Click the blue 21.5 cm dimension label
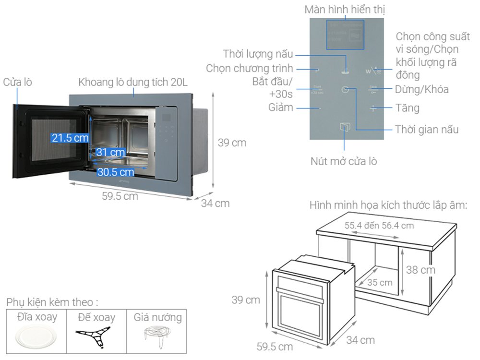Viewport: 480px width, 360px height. (70, 138)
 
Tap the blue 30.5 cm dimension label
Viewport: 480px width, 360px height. (116, 172)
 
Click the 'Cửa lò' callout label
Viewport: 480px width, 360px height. (18, 82)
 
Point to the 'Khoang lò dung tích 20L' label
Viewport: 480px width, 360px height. (133, 82)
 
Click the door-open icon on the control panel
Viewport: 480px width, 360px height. (345, 126)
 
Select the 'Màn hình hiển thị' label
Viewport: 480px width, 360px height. (345, 9)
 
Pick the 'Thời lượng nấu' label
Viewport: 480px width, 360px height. (258, 53)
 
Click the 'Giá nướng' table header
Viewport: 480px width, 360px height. (157, 317)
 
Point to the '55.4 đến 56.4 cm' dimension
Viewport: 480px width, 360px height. (379, 226)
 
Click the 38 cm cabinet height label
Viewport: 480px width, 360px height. (420, 270)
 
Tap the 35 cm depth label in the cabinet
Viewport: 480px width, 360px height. (380, 283)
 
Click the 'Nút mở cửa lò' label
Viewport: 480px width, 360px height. (343, 161)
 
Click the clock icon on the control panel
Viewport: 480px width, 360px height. (345, 89)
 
